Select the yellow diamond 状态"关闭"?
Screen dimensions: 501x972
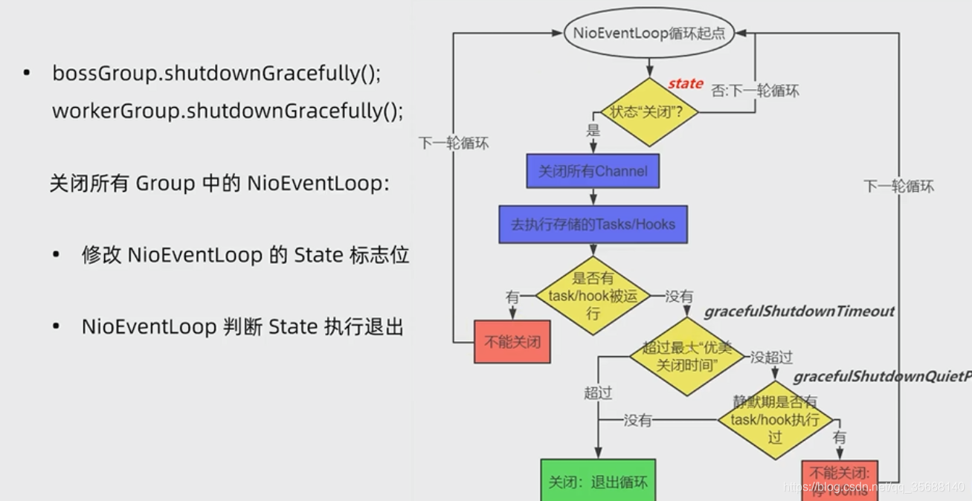click(x=650, y=113)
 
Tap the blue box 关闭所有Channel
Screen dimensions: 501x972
click(x=593, y=172)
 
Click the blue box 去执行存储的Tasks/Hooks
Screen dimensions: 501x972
click(x=593, y=224)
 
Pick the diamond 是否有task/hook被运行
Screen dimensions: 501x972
click(x=593, y=296)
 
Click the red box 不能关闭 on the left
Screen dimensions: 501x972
click(x=512, y=343)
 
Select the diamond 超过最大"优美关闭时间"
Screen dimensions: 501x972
click(x=686, y=356)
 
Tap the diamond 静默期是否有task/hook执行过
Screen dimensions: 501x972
click(x=775, y=420)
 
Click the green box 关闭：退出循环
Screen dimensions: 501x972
click(x=598, y=482)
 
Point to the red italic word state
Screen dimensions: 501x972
click(x=685, y=83)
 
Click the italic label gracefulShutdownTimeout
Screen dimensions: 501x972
click(x=799, y=311)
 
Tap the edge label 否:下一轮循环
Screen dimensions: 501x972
click(x=755, y=91)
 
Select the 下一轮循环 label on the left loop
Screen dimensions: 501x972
click(x=454, y=143)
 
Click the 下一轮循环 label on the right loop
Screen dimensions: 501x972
click(x=898, y=187)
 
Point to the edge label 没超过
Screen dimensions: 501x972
click(x=771, y=358)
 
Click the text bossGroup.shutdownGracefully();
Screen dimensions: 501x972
click(x=216, y=74)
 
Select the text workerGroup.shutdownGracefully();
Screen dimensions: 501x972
click(x=228, y=111)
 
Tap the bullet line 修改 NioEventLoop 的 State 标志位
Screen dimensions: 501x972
click(x=245, y=256)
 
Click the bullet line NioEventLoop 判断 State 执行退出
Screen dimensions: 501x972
click(x=242, y=326)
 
